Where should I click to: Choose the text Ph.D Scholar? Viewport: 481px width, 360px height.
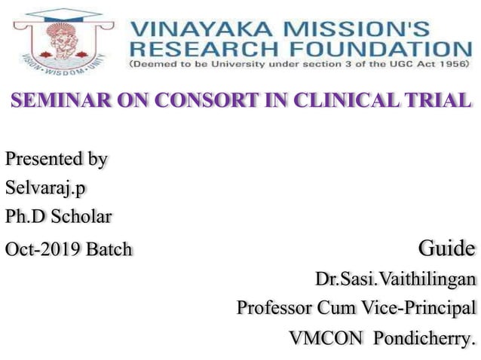(x=58, y=217)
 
